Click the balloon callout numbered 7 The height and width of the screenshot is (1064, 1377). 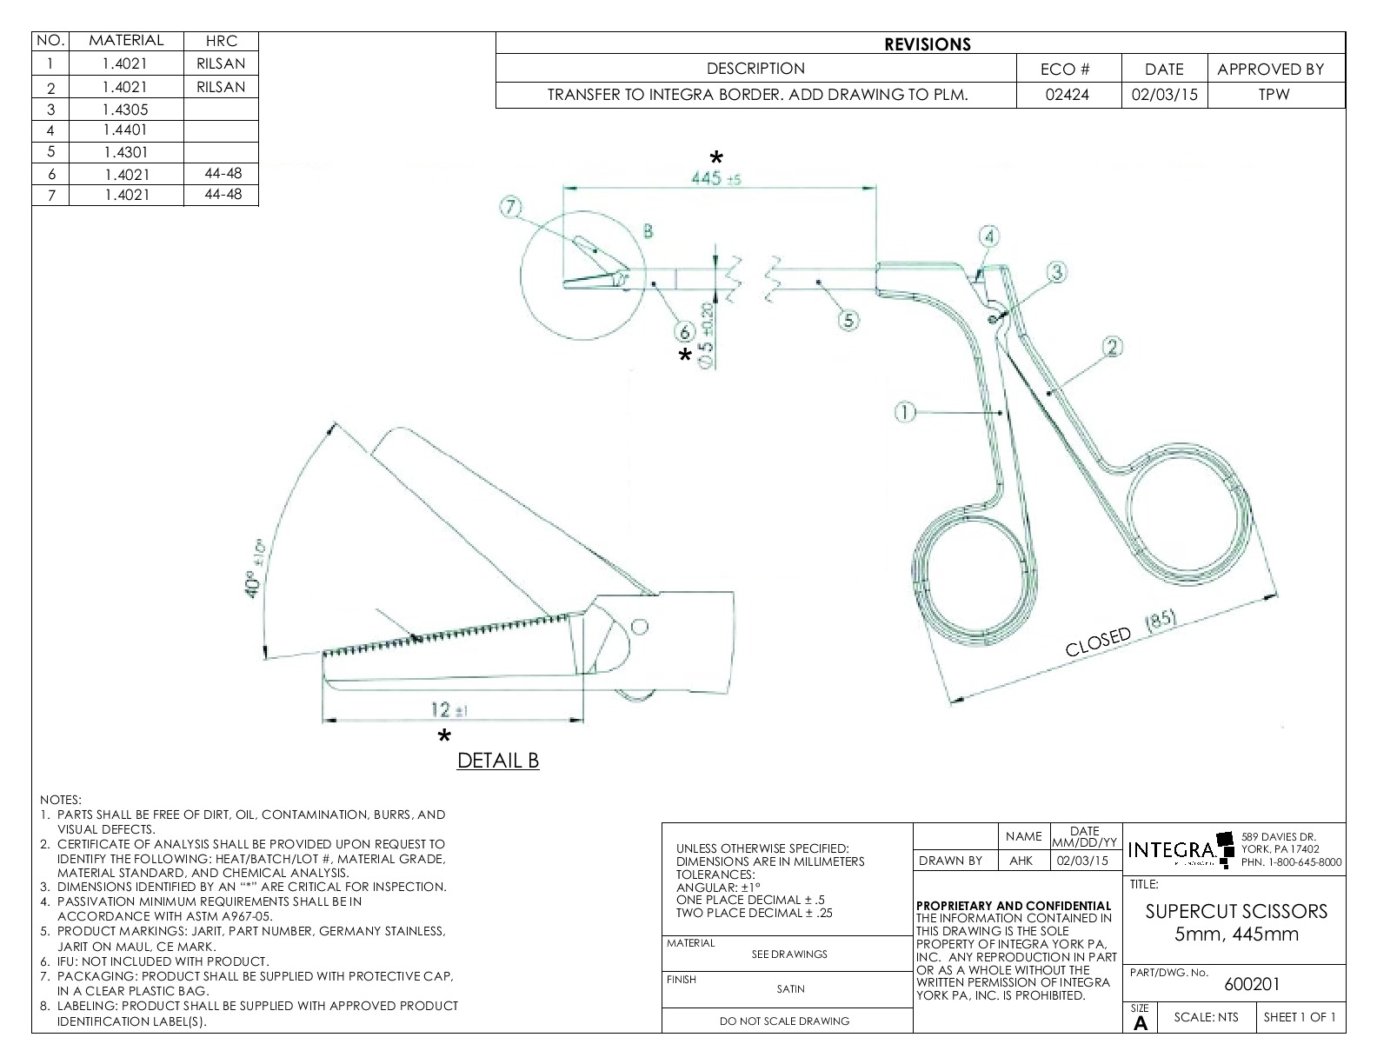click(x=509, y=207)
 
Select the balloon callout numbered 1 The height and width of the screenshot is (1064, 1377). click(x=905, y=413)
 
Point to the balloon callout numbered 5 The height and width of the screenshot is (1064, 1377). click(x=848, y=320)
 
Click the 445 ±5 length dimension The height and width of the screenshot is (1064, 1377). click(x=715, y=178)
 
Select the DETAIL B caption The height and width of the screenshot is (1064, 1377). click(x=498, y=761)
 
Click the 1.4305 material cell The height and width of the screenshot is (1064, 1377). click(x=125, y=109)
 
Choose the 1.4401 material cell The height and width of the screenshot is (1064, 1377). click(x=125, y=130)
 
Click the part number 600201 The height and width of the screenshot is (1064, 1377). click(x=1252, y=984)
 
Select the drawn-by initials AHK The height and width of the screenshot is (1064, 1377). click(x=1021, y=861)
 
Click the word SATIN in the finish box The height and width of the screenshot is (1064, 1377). click(x=790, y=988)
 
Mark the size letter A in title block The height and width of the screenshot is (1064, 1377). click(x=1141, y=1023)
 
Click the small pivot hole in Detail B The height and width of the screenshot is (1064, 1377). click(x=640, y=626)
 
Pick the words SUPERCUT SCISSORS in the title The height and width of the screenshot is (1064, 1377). click(x=1236, y=911)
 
